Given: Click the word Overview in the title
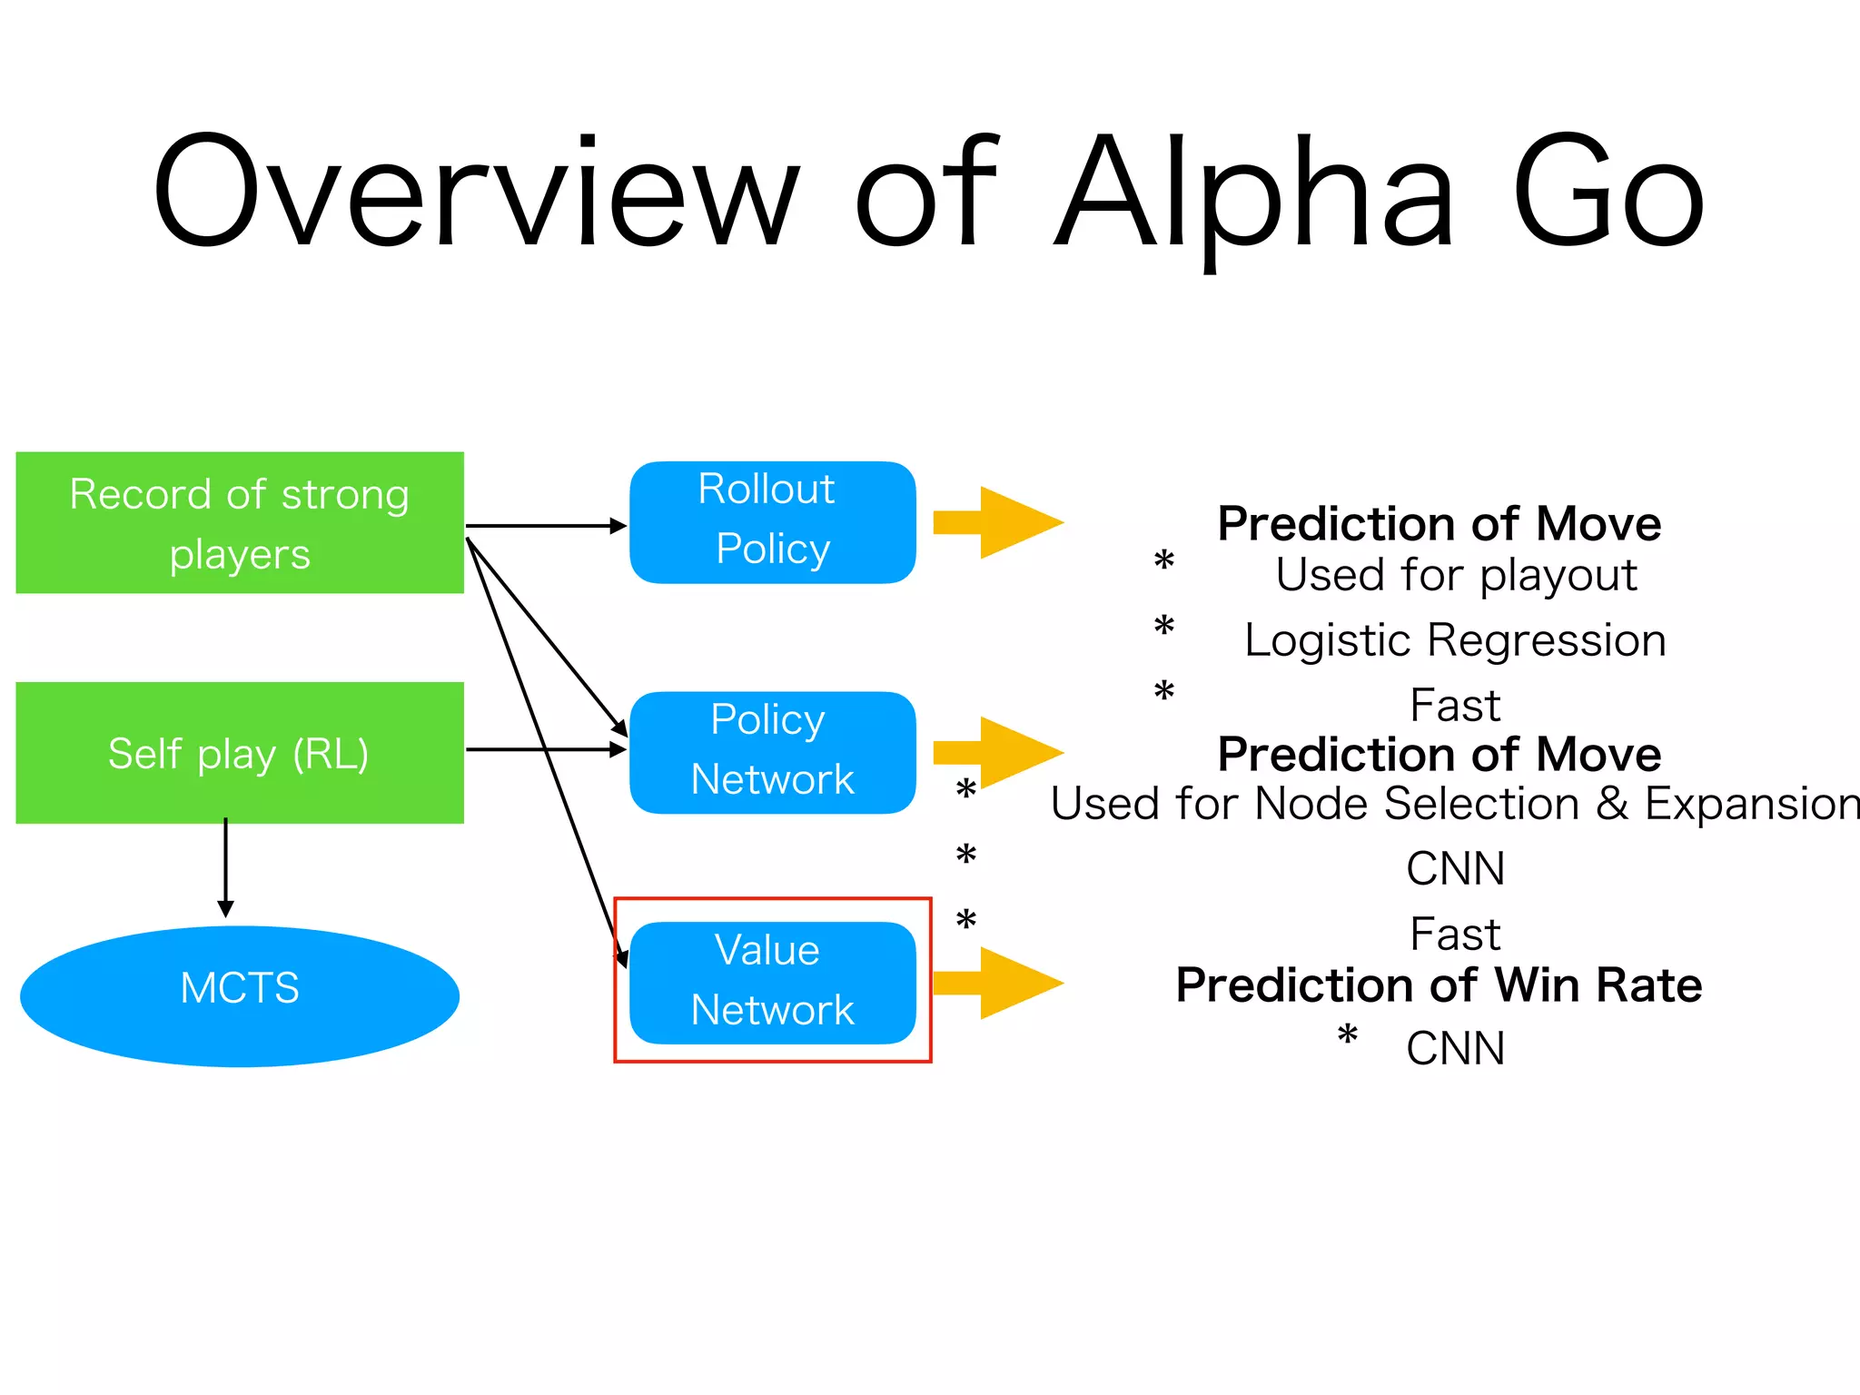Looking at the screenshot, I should coord(477,191).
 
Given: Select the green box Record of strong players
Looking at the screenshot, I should coord(240,523).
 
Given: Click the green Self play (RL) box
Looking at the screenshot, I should coord(240,753).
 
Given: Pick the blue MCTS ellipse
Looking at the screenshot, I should coord(240,996).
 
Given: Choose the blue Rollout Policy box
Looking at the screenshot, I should coord(772,522).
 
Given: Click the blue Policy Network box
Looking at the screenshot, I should coord(772,753).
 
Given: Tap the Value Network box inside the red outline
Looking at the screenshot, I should coord(772,983).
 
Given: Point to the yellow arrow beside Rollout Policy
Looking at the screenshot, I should coord(999,522).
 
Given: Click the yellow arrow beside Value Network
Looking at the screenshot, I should coord(999,983).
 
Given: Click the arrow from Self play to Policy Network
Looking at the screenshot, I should coord(545,749).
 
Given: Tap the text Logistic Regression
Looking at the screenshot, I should coord(1455,640).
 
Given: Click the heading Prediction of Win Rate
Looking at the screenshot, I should coord(1439,985).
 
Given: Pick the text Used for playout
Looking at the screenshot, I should coord(1456,575).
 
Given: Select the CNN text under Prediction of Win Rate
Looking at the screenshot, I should coord(1455,1049).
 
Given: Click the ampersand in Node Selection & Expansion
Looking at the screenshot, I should coord(1612,804).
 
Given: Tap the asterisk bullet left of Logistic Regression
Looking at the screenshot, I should coord(1164,627).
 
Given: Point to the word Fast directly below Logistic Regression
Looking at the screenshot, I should coord(1455,706).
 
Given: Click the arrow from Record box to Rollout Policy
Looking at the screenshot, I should coord(545,526).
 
